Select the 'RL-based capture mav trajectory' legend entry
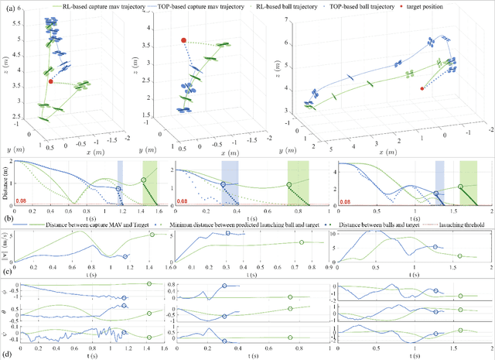point(65,5)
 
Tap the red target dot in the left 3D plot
point(51,81)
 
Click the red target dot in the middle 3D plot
point(183,40)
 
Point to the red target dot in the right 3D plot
point(422,88)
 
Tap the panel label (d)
point(9,354)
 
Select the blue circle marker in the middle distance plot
point(224,183)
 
